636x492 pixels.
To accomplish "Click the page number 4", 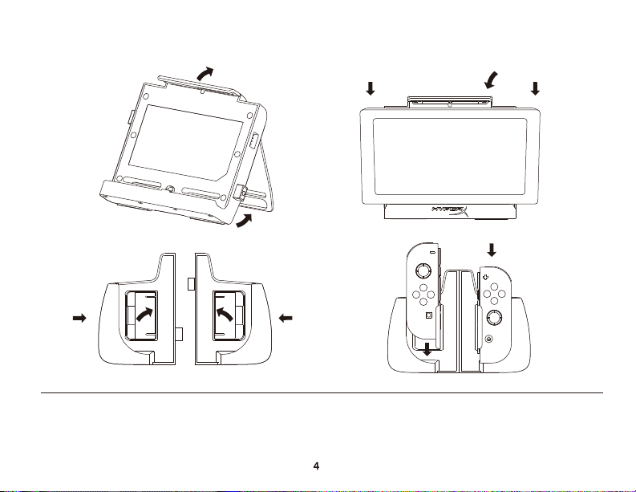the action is click(316, 466).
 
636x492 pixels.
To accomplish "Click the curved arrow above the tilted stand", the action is click(205, 74).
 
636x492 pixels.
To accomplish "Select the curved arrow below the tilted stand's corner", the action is click(244, 221).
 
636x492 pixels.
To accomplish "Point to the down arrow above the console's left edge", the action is click(371, 88).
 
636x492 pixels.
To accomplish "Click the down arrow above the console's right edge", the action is click(536, 88).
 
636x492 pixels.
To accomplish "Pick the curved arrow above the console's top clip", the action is click(491, 80).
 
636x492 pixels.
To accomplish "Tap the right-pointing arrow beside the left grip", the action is click(79, 319).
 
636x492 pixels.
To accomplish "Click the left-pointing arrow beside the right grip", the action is click(286, 319).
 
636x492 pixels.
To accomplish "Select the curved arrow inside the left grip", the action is click(145, 314).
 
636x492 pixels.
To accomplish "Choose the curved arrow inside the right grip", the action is click(225, 314).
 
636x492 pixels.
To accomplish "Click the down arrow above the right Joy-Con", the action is click(492, 250).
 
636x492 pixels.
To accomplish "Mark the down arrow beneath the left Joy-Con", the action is click(427, 349).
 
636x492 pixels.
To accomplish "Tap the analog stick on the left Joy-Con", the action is click(422, 270).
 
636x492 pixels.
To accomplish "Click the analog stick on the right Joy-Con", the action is click(493, 318).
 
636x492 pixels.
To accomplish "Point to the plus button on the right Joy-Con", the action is click(486, 277).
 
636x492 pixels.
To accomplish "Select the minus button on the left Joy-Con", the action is click(432, 252).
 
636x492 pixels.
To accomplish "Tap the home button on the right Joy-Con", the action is click(489, 339).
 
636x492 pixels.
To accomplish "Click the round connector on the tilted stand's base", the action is click(171, 189).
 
